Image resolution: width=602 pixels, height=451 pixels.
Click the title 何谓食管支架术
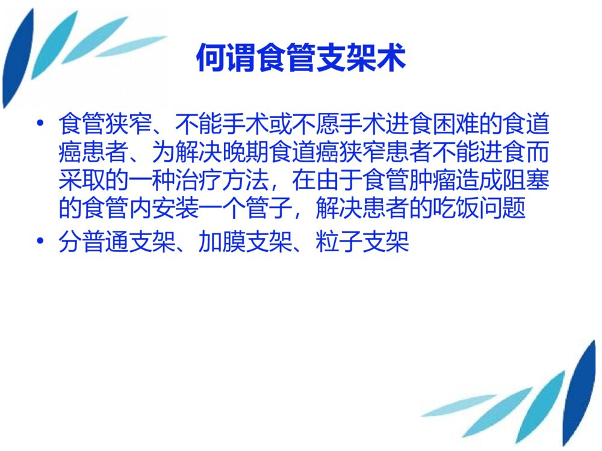tap(301, 59)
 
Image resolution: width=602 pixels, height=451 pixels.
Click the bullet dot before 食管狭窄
tap(40, 124)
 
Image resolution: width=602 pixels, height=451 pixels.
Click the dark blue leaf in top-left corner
tap(17, 60)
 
